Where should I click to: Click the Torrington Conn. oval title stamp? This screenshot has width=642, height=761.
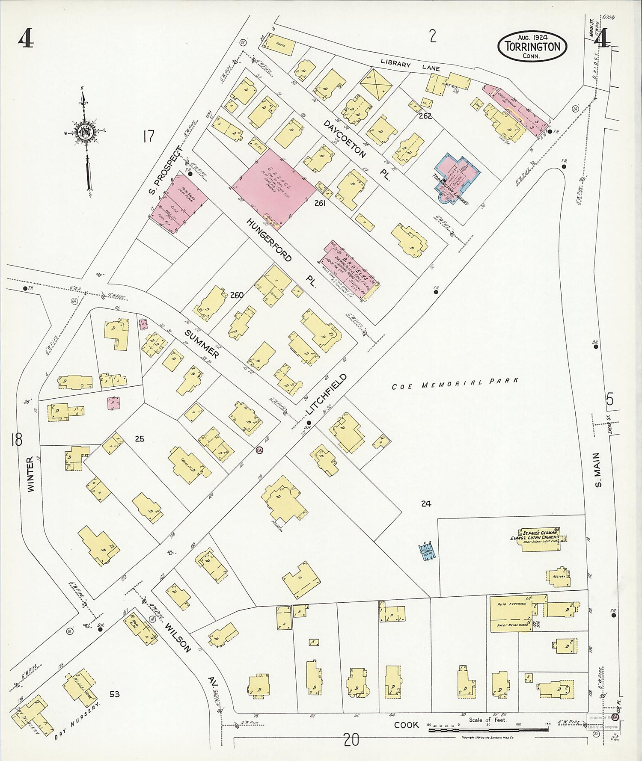[x=532, y=46]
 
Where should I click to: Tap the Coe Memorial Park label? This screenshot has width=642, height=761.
[x=455, y=383]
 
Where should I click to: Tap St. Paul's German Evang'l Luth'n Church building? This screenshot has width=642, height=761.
[x=542, y=540]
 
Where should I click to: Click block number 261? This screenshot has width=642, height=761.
[x=320, y=204]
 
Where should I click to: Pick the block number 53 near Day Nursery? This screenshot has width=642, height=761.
[x=114, y=693]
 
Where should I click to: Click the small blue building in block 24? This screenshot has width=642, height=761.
[x=428, y=551]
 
